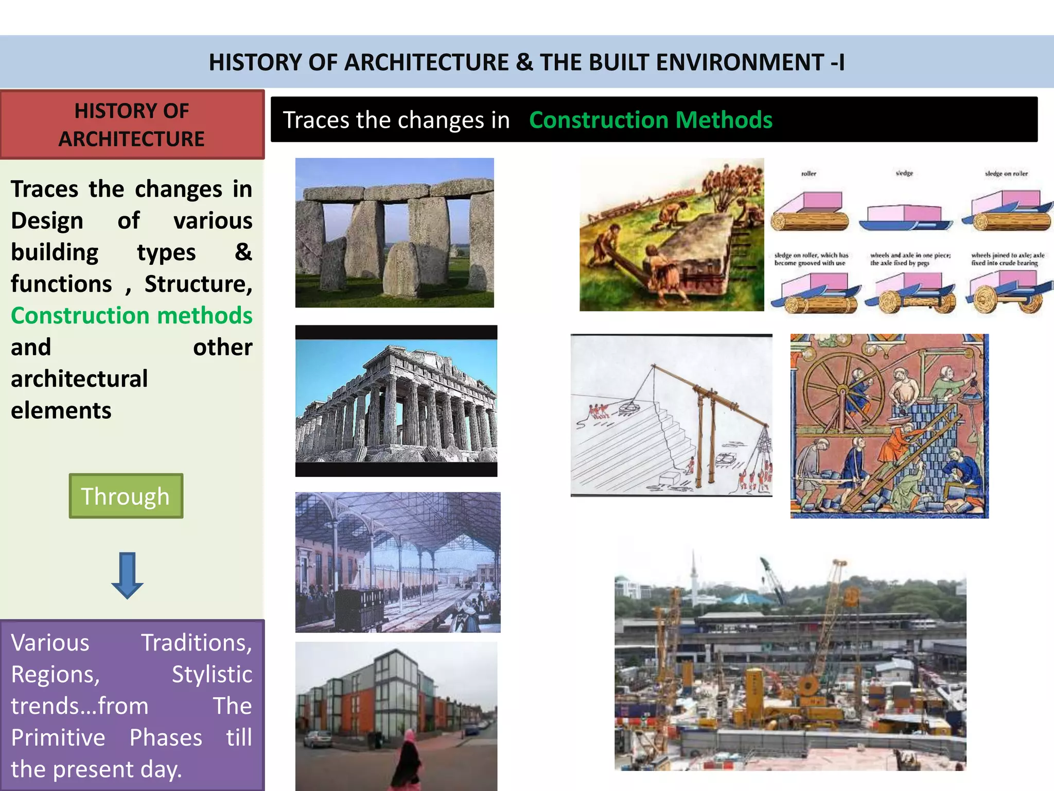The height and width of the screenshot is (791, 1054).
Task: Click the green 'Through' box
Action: (126, 496)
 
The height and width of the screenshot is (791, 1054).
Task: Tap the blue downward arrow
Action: (127, 575)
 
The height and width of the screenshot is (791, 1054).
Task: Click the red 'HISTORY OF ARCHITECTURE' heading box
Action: (132, 125)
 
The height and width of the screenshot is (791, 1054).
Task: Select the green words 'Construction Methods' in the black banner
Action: (651, 120)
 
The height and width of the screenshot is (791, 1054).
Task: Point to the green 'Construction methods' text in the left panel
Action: (132, 316)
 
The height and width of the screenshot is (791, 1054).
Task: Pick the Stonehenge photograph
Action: (394, 233)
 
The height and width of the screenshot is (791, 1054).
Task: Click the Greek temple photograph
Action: (396, 401)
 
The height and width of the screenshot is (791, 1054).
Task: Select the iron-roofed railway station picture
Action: (397, 562)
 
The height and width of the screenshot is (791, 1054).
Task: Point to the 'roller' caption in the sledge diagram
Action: (809, 174)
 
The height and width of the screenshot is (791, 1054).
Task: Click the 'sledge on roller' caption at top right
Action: (1006, 174)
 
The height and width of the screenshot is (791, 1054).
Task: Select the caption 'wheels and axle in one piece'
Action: (910, 255)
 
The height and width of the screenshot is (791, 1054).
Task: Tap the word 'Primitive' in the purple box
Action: (58, 737)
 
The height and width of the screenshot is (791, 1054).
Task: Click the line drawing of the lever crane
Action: (671, 415)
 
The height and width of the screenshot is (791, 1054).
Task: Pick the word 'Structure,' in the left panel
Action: (198, 284)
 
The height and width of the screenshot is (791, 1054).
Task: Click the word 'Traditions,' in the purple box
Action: (197, 643)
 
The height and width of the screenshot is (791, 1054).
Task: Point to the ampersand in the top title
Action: (524, 63)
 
